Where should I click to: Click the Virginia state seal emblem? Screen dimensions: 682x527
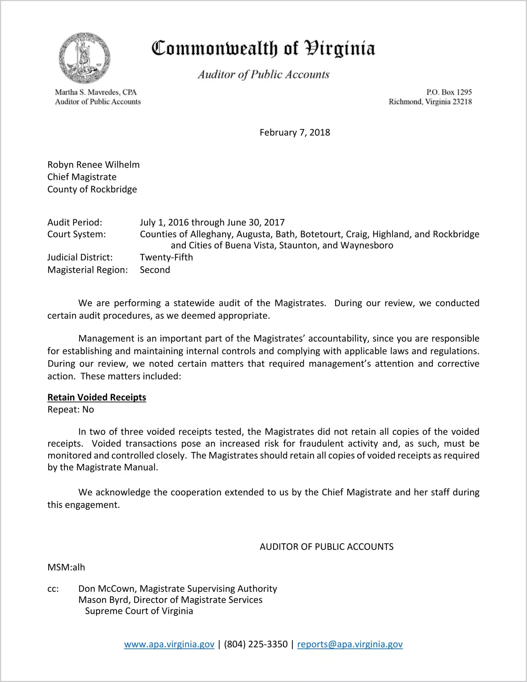pos(84,58)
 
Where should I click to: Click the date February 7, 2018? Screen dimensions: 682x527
pos(295,132)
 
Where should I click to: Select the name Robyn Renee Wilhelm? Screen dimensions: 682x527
pos(93,165)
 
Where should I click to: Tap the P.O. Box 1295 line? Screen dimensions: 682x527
pos(449,92)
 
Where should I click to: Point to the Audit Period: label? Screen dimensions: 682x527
pos(75,222)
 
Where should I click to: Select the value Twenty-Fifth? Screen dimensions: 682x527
pos(166,257)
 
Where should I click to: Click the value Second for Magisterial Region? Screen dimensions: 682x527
pos(155,270)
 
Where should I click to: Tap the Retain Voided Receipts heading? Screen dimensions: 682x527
pos(97,397)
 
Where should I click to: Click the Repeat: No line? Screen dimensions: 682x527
pos(71,409)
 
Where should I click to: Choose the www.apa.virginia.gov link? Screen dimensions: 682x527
pos(169,644)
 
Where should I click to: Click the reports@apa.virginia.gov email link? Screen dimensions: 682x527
pos(350,644)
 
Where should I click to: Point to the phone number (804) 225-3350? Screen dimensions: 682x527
pos(256,644)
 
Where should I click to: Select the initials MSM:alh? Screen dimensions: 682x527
pos(66,567)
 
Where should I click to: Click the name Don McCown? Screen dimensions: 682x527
pos(108,589)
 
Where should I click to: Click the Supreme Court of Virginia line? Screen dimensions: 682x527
pos(139,611)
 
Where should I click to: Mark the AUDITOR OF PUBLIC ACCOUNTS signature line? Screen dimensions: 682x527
pos(326,547)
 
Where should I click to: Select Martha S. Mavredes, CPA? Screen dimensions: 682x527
pos(96,92)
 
